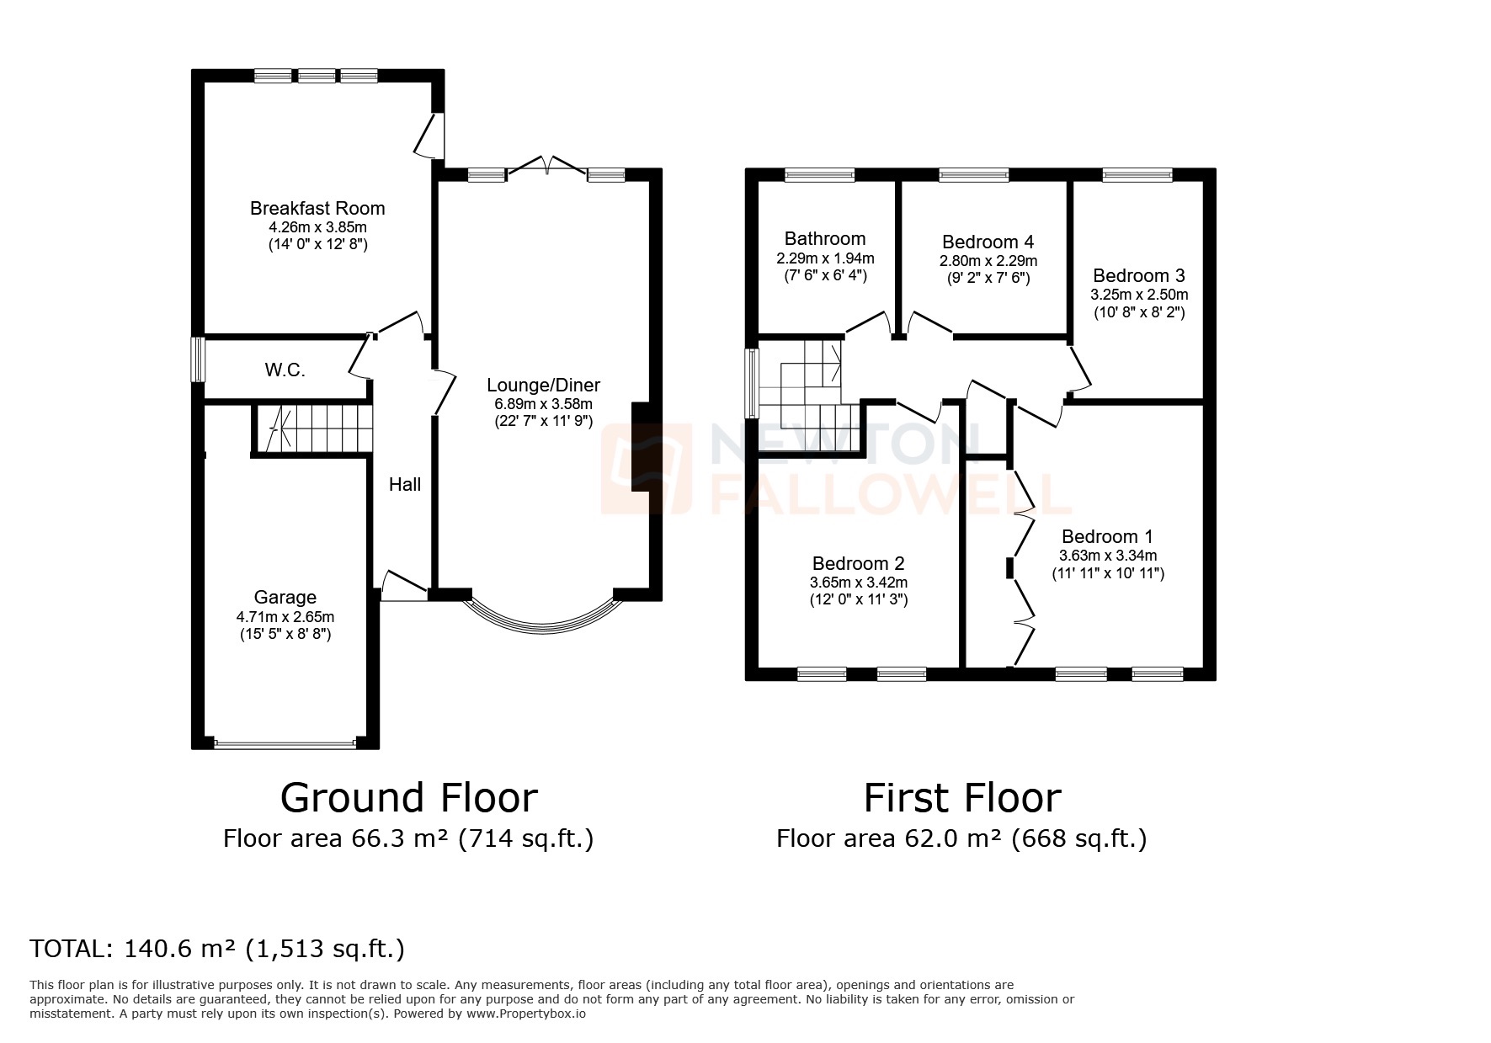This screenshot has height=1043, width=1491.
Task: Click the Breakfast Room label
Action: (317, 208)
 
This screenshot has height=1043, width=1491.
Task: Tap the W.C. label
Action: (285, 370)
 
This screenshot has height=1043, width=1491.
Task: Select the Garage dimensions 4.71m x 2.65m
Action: (285, 616)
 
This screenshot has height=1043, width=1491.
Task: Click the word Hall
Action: (405, 484)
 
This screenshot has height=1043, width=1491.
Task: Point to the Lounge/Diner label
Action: (543, 386)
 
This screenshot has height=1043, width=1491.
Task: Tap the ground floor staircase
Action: (313, 428)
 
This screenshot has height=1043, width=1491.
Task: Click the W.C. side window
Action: (197, 359)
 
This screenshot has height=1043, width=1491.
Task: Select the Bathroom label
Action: (825, 239)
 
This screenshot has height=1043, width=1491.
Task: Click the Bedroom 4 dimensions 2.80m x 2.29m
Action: (988, 261)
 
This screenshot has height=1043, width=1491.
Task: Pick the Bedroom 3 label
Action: (1139, 276)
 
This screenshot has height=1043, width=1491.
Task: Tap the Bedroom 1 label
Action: (1107, 537)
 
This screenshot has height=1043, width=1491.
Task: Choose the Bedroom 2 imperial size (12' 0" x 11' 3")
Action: (859, 600)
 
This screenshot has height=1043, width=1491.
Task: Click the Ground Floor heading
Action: (408, 797)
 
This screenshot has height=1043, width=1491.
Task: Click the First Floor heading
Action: (961, 797)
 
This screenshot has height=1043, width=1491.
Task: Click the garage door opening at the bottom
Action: (285, 743)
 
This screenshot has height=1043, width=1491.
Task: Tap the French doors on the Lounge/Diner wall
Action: (547, 167)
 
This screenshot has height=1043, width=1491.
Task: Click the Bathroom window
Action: (819, 175)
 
